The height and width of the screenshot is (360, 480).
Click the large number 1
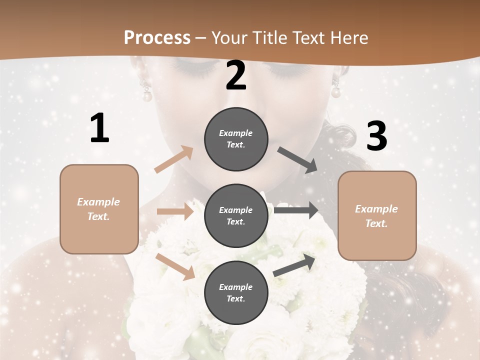[99, 128]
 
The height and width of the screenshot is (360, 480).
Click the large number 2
[236, 76]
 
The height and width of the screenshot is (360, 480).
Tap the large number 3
[376, 136]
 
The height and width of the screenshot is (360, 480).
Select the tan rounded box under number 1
[99, 209]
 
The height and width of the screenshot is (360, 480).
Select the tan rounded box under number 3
[377, 216]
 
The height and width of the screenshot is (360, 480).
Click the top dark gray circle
[236, 139]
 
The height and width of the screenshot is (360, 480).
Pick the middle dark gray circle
[236, 215]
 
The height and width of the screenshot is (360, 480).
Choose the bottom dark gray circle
[236, 292]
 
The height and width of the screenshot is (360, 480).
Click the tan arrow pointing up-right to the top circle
[174, 159]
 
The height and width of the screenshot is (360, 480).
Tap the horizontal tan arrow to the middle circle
[175, 211]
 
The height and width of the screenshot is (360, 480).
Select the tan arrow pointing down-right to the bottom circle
[175, 266]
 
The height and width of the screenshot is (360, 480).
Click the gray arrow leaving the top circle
[298, 159]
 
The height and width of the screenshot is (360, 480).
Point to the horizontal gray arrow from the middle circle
[296, 210]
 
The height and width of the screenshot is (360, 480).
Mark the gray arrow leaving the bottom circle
[294, 264]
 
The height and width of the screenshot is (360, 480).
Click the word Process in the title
[157, 37]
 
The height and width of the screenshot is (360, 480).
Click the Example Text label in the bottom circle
[236, 292]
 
